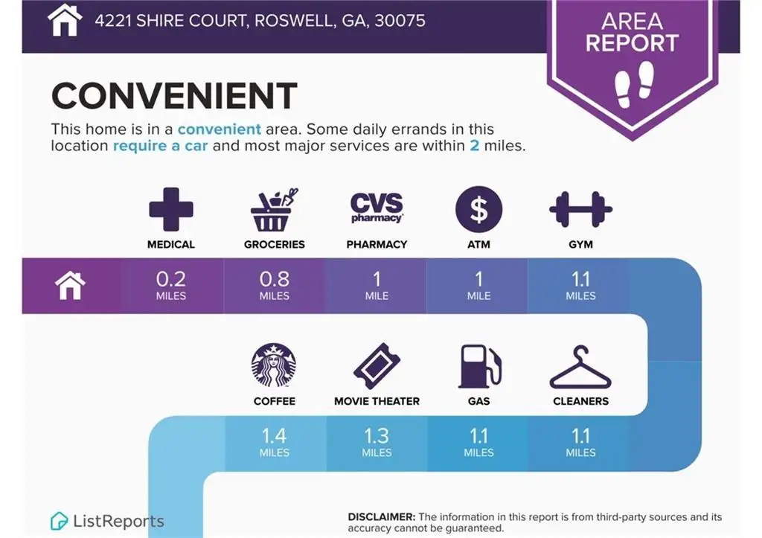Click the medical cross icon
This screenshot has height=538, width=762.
point(171,209)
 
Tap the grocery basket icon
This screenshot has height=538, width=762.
point(274,209)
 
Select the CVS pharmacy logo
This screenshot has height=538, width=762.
point(377,208)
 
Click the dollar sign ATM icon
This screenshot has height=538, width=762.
point(478,209)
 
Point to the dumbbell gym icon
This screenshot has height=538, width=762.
point(580,209)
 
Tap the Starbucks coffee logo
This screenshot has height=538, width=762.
point(274,365)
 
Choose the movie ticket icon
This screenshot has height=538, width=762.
point(377,366)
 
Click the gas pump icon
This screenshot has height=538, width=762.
point(480,366)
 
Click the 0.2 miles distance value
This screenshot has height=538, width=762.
point(171,285)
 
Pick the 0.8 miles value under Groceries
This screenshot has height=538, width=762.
point(274,285)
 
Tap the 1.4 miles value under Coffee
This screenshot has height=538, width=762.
point(274,442)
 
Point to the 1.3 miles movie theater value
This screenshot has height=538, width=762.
point(377,442)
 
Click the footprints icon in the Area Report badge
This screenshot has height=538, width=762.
point(634,84)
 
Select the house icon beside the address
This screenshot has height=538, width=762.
point(65,20)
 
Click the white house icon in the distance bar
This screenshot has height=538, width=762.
point(70,285)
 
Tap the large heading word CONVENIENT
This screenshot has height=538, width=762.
point(174,96)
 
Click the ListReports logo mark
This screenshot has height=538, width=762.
point(59,521)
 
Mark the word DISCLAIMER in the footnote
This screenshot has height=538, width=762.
point(382,517)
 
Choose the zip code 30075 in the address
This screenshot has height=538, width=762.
point(400,20)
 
